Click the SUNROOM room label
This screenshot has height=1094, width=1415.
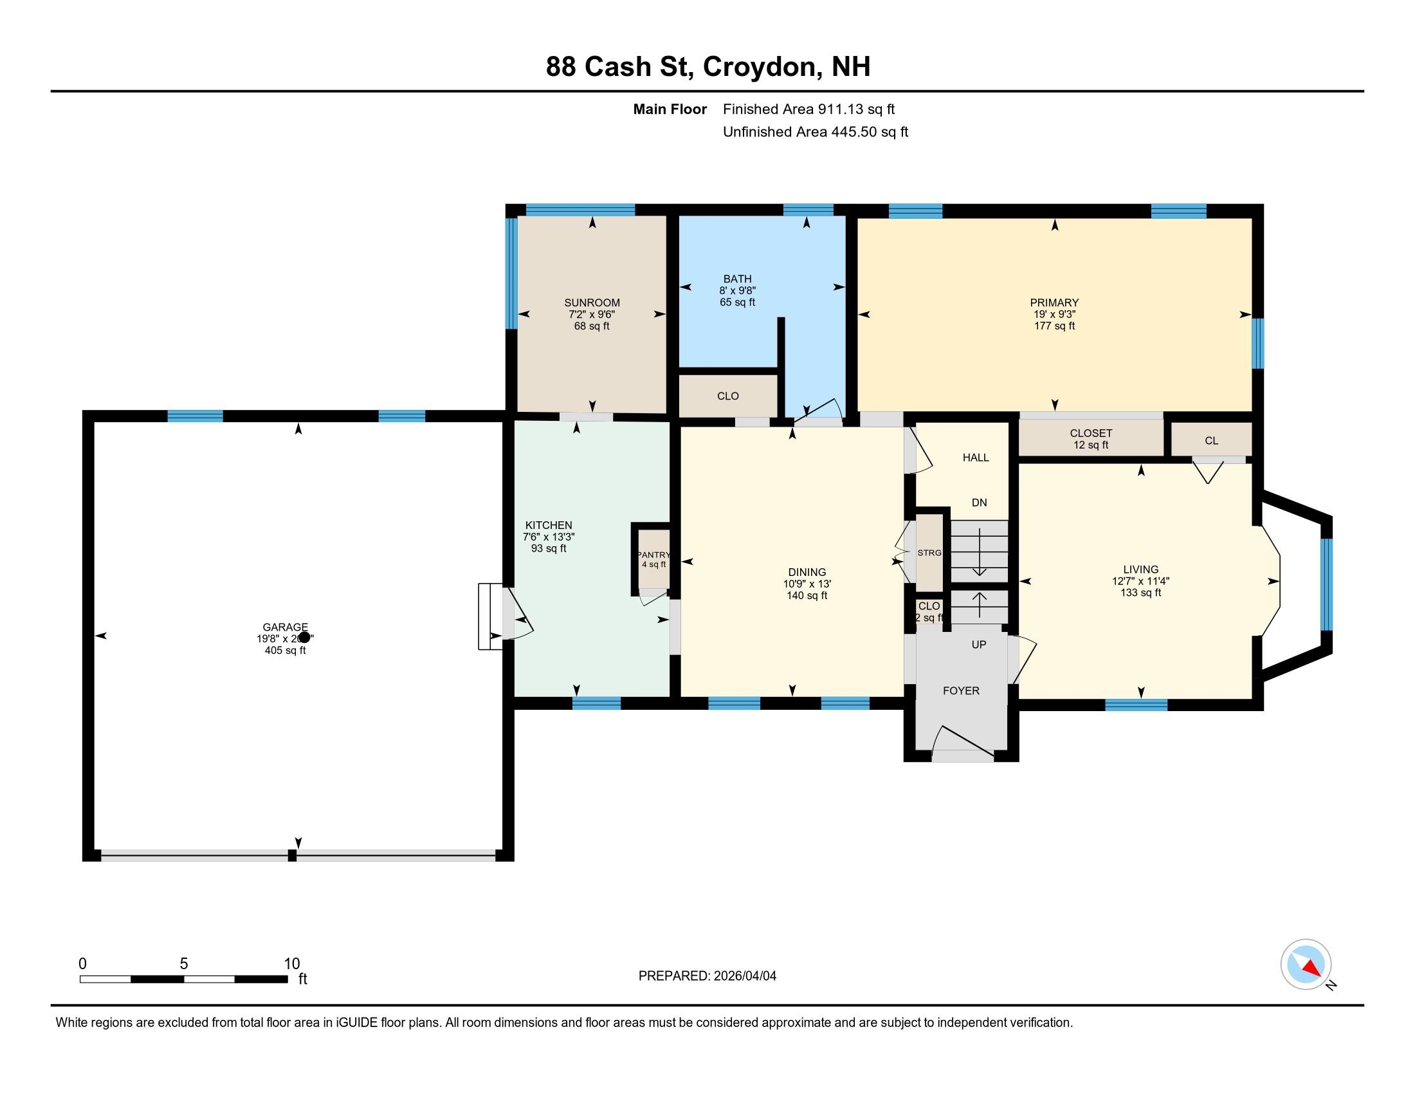coord(592,302)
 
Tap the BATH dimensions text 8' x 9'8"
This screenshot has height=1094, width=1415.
coord(737,291)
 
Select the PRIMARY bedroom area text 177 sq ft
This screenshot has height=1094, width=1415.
coord(1054,326)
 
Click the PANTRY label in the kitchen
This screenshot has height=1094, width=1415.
coord(653,555)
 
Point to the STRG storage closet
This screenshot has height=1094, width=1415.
coord(929,553)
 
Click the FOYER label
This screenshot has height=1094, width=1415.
coord(961,691)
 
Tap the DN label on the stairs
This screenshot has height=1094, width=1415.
coord(979,503)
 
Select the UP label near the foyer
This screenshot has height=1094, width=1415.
coord(978,645)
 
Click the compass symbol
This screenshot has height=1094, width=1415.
coord(1306,965)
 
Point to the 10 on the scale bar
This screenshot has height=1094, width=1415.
coord(291,964)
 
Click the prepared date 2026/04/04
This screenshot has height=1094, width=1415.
coord(744,976)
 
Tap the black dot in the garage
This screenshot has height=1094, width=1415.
coord(303,638)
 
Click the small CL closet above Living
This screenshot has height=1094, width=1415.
coord(1211,441)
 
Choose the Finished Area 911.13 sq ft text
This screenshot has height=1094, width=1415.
coord(808,109)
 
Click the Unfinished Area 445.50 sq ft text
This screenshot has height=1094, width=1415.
coord(815,132)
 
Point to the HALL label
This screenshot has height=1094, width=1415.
coord(975,458)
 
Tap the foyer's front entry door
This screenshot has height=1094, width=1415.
coord(963,745)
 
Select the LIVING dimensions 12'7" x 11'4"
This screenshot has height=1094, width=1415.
coord(1140,581)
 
